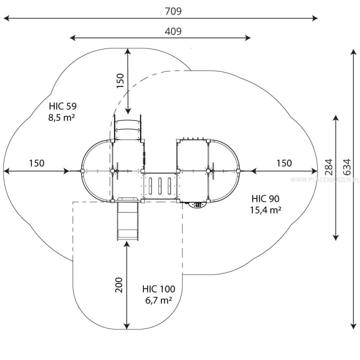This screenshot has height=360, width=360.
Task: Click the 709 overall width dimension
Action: coord(173,11)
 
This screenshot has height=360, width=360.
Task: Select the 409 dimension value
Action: coord(173,31)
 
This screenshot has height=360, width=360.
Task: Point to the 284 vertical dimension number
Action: coord(329,167)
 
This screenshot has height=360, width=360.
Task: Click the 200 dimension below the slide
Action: coord(119,284)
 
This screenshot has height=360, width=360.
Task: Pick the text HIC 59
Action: coord(62,106)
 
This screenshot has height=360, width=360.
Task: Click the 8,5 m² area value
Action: coord(61,117)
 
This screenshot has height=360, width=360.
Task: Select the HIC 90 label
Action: coord(265,198)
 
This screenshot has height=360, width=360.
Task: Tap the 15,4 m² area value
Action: coord(265,210)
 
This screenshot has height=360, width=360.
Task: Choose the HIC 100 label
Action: coord(158,289)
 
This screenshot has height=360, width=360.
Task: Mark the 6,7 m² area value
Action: coord(158,300)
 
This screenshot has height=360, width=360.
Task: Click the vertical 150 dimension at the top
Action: coord(120,80)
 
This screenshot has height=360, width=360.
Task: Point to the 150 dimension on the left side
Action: coord(36,163)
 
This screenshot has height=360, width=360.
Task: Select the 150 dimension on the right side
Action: coord(284,163)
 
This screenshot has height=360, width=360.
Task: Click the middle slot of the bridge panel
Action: coord(160,185)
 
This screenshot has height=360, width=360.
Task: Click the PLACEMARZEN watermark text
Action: coord(325,179)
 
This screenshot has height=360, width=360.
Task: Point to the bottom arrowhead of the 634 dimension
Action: coord(353,326)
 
